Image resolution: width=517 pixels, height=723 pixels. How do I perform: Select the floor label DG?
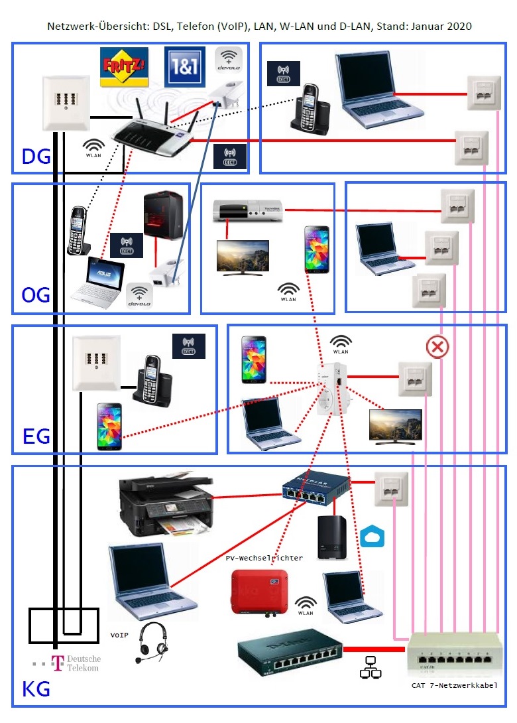click(36, 157)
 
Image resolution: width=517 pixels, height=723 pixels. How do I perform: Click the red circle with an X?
click(437, 346)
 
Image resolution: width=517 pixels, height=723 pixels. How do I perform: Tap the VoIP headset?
click(151, 643)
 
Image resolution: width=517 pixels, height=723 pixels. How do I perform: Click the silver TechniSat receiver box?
click(247, 210)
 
